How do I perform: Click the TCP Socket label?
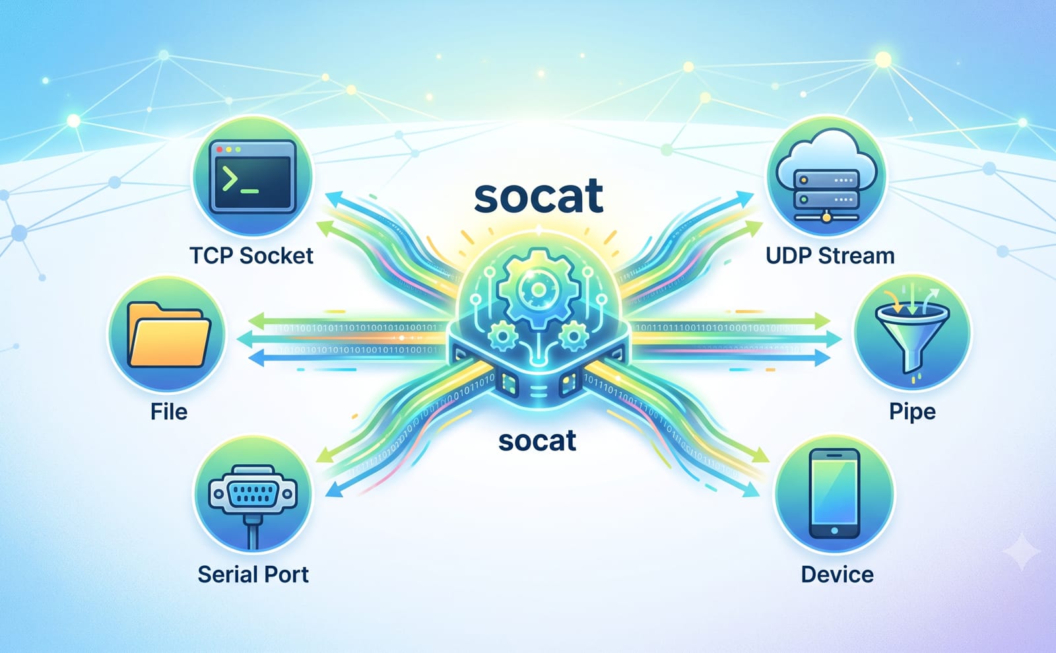pyautogui.click(x=251, y=256)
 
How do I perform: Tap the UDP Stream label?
pyautogui.click(x=830, y=256)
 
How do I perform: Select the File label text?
pyautogui.click(x=169, y=411)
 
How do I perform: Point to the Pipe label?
pyautogui.click(x=912, y=411)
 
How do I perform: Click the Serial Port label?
pyautogui.click(x=253, y=574)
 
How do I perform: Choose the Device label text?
pyautogui.click(x=838, y=574)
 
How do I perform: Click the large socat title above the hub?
pyautogui.click(x=539, y=196)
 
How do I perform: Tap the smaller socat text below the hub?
pyautogui.click(x=537, y=441)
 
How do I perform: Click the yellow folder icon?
pyautogui.click(x=169, y=335)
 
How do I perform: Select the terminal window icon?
pyautogui.click(x=253, y=176)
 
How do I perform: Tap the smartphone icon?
pyautogui.click(x=834, y=493)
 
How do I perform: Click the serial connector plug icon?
pyautogui.click(x=253, y=500)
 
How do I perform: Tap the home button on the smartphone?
pyautogui.click(x=834, y=530)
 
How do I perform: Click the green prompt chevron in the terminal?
pyautogui.click(x=230, y=180)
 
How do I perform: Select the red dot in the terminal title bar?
pyautogui.click(x=219, y=149)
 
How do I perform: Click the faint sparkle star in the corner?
pyautogui.click(x=1021, y=551)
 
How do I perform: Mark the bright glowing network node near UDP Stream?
pyautogui.click(x=883, y=60)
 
